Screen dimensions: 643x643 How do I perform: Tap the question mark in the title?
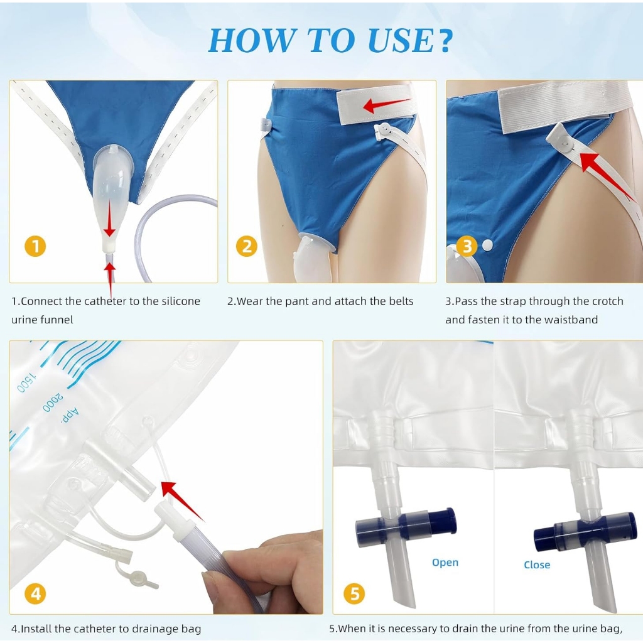[x=443, y=40]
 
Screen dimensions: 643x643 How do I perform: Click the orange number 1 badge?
[x=35, y=246]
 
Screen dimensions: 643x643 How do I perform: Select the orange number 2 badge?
[x=246, y=246]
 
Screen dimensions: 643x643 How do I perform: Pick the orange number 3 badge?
[x=467, y=246]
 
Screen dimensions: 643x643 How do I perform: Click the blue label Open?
[x=445, y=563]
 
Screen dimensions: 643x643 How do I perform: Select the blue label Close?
[x=537, y=565]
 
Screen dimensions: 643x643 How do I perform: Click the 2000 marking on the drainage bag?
[x=53, y=403]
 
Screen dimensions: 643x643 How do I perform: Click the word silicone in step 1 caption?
[x=181, y=301]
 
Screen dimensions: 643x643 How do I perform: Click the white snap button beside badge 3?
[x=487, y=246]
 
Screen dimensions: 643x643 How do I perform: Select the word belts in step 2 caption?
[x=401, y=301]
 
